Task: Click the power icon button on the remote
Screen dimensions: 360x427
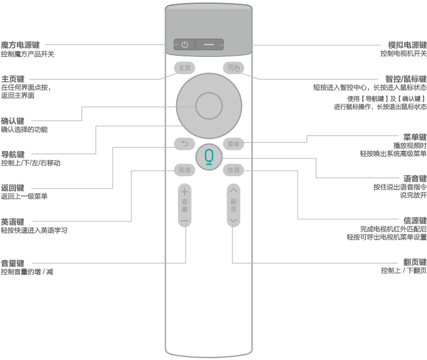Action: [184, 45]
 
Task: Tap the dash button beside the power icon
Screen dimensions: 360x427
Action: [210, 45]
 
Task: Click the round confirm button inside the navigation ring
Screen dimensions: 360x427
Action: [208, 105]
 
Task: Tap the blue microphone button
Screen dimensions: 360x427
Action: [209, 156]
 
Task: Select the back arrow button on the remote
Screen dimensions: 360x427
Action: [184, 144]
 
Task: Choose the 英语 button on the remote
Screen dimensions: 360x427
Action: [184, 170]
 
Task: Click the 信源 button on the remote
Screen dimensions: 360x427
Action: [233, 170]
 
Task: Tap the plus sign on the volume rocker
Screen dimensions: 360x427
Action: [184, 192]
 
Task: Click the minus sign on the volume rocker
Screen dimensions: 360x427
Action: [184, 220]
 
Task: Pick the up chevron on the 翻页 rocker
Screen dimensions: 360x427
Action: [233, 191]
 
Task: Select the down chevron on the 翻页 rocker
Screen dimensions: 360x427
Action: [233, 220]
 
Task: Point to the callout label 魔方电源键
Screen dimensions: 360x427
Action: [20, 45]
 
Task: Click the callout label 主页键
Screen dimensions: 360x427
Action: [13, 79]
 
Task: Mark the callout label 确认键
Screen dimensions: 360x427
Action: [13, 121]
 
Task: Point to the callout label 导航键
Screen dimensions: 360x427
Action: [13, 154]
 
